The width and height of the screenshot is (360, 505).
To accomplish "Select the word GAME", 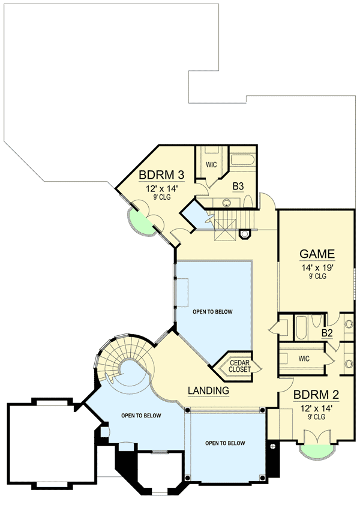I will click(317, 253).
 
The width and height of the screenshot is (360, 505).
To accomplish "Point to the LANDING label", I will click(209, 390).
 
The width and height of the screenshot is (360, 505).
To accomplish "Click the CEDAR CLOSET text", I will click(239, 366).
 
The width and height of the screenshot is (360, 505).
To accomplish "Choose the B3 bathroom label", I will click(238, 186).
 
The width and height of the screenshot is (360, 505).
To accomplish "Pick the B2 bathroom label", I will click(327, 333).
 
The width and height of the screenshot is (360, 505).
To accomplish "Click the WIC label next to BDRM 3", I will click(211, 164).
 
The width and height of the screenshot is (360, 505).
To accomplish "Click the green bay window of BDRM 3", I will click(142, 224).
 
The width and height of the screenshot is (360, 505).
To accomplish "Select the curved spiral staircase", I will click(123, 360).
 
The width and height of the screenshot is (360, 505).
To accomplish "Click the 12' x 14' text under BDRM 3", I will click(160, 188).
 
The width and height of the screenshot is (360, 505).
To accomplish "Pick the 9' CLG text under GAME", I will click(317, 276).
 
